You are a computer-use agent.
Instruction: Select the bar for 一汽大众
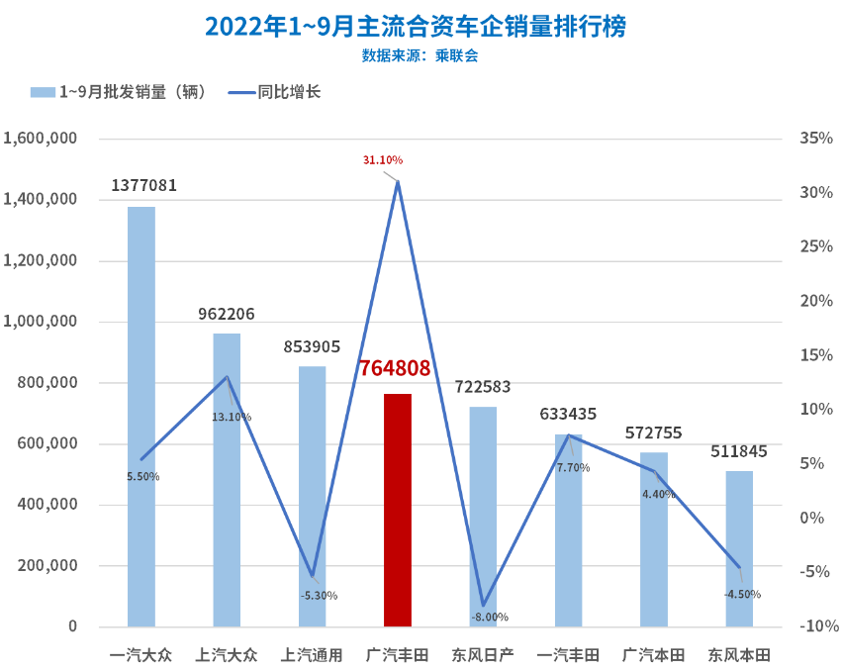(x=141, y=416)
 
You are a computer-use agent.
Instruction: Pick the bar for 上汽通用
(x=313, y=495)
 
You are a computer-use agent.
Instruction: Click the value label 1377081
(x=143, y=185)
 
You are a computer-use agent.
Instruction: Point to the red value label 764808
(x=395, y=368)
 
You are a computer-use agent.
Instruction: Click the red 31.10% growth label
(x=383, y=159)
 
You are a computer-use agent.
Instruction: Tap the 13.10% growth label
(x=232, y=417)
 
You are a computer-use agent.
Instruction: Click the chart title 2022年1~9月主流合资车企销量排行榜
(x=416, y=27)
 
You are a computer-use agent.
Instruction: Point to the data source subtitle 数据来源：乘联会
(x=420, y=56)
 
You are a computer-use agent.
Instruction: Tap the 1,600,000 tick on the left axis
(x=41, y=139)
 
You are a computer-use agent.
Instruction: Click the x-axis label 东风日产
(x=483, y=654)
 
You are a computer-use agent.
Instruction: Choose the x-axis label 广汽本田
(x=654, y=654)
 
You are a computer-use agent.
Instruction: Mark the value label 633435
(x=568, y=414)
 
